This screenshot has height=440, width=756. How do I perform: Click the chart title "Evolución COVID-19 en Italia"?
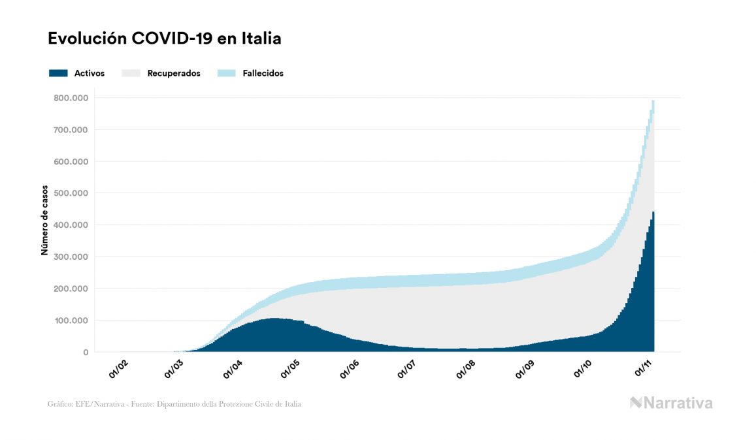click(165, 39)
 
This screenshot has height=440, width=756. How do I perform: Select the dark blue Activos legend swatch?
click(58, 73)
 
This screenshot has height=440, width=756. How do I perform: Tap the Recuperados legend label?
click(174, 73)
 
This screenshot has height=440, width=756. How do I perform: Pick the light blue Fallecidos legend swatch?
click(226, 73)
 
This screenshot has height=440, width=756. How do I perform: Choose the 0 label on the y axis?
click(86, 353)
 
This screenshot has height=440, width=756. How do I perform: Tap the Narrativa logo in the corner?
click(671, 403)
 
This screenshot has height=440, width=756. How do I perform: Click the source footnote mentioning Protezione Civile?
click(174, 404)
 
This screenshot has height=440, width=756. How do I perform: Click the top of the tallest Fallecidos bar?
click(653, 101)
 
